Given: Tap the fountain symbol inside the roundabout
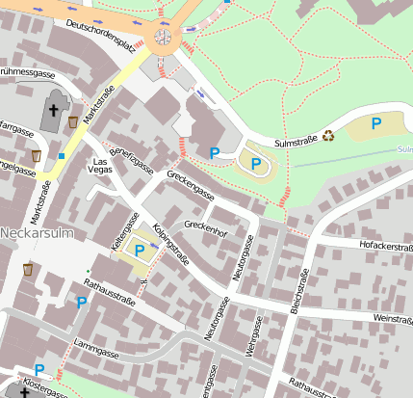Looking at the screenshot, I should tap(163, 38).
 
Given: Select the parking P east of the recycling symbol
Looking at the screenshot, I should tap(376, 122).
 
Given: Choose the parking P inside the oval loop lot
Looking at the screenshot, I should tap(255, 164).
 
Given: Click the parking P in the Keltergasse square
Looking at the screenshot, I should tap(140, 251).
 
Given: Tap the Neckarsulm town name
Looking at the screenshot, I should tap(31, 234).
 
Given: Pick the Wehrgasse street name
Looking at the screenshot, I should tap(252, 333).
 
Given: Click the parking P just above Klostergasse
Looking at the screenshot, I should tap(39, 369).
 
